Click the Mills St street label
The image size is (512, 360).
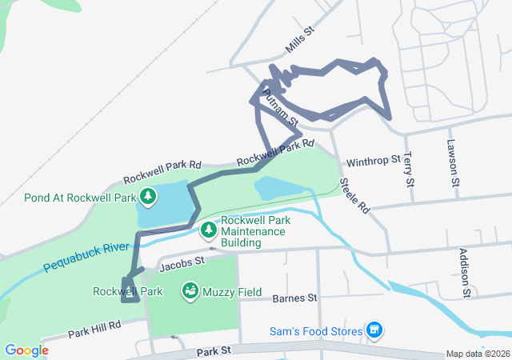[301, 40]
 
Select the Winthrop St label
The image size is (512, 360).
[373, 161]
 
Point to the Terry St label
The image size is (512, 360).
[409, 170]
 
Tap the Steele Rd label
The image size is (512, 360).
[355, 195]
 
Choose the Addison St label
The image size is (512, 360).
[464, 272]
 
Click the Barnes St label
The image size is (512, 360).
[294, 298]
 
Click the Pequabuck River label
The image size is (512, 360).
[86, 255]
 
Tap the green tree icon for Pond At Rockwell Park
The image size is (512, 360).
[148, 196]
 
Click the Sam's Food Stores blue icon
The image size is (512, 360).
[374, 330]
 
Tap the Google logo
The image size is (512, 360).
[26, 350]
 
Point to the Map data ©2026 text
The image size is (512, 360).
[477, 354]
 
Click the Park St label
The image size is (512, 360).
[214, 350]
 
